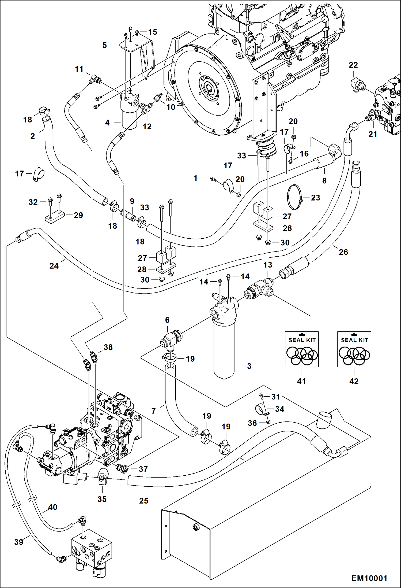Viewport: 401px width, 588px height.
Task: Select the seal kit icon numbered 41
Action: point(302,349)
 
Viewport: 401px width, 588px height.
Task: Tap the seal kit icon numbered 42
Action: point(354,349)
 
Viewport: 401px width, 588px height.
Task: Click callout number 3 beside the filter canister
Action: point(249,366)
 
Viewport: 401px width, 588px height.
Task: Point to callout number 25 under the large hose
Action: point(144,500)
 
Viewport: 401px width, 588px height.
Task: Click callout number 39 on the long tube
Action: point(19,542)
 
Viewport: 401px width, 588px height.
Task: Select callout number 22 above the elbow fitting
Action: point(353,65)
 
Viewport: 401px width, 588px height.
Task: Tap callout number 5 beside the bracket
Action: point(105,45)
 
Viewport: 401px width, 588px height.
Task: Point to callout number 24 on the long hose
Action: point(54,266)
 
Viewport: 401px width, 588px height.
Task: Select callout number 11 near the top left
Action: point(79,69)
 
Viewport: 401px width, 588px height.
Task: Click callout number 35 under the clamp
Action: point(102,499)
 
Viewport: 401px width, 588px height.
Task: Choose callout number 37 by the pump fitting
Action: point(143,469)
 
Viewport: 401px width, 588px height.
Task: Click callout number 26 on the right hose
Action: point(343,252)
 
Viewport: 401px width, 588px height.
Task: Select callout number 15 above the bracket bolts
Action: point(153,32)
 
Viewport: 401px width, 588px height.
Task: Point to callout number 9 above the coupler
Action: point(132,201)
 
